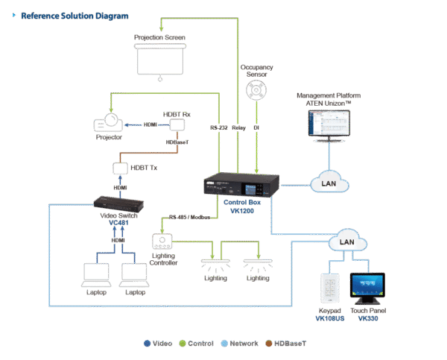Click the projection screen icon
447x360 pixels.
coord(160,59)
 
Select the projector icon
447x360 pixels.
coord(111,126)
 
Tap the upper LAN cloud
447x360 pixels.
coord(328,181)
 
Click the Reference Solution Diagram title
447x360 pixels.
coord(74,15)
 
